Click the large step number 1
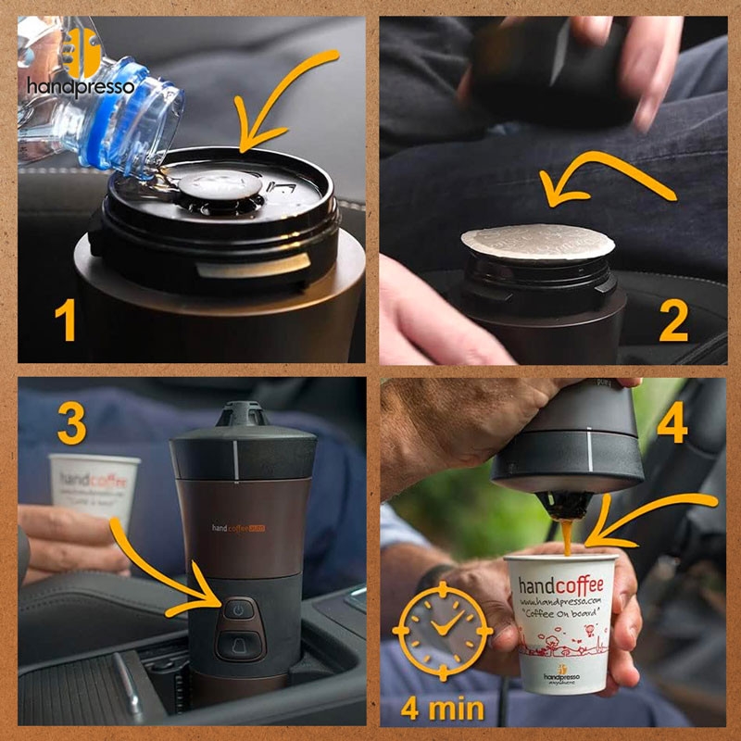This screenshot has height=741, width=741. (64, 321)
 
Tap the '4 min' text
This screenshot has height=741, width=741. (442, 709)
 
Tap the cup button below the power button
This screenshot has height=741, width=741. (237, 642)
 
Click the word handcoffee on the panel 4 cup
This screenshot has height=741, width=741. (560, 585)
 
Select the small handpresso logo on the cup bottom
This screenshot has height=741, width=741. (562, 675)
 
